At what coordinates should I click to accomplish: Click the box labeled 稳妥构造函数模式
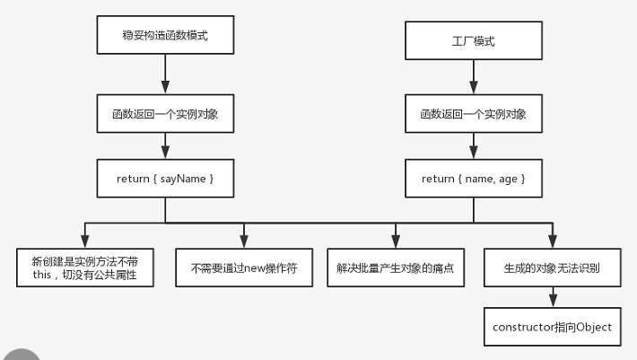[x=165, y=35]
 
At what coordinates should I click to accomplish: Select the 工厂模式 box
[x=474, y=40]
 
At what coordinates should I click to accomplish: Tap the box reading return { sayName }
[x=165, y=179]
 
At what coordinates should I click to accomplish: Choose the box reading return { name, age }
[x=474, y=179]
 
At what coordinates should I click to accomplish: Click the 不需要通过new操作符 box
[x=244, y=268]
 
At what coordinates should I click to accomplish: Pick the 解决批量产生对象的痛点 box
[x=396, y=268]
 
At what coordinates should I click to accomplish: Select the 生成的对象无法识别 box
[x=553, y=268]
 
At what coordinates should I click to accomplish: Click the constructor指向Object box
[x=553, y=327]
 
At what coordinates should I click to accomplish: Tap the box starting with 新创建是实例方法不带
[x=85, y=268]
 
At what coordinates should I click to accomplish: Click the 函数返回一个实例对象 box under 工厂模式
[x=474, y=114]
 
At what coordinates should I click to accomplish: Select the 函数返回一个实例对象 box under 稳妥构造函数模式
[x=165, y=114]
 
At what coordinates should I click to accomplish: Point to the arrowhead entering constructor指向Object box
[x=553, y=302]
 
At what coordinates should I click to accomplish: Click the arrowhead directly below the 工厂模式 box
[x=474, y=88]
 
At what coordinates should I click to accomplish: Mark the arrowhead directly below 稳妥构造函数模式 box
[x=165, y=88]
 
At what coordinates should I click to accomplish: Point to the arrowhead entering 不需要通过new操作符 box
[x=244, y=242]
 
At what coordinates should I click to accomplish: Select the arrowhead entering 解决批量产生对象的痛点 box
[x=396, y=242]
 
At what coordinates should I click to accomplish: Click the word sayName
[x=183, y=180]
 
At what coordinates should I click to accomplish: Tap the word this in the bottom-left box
[x=42, y=275]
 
